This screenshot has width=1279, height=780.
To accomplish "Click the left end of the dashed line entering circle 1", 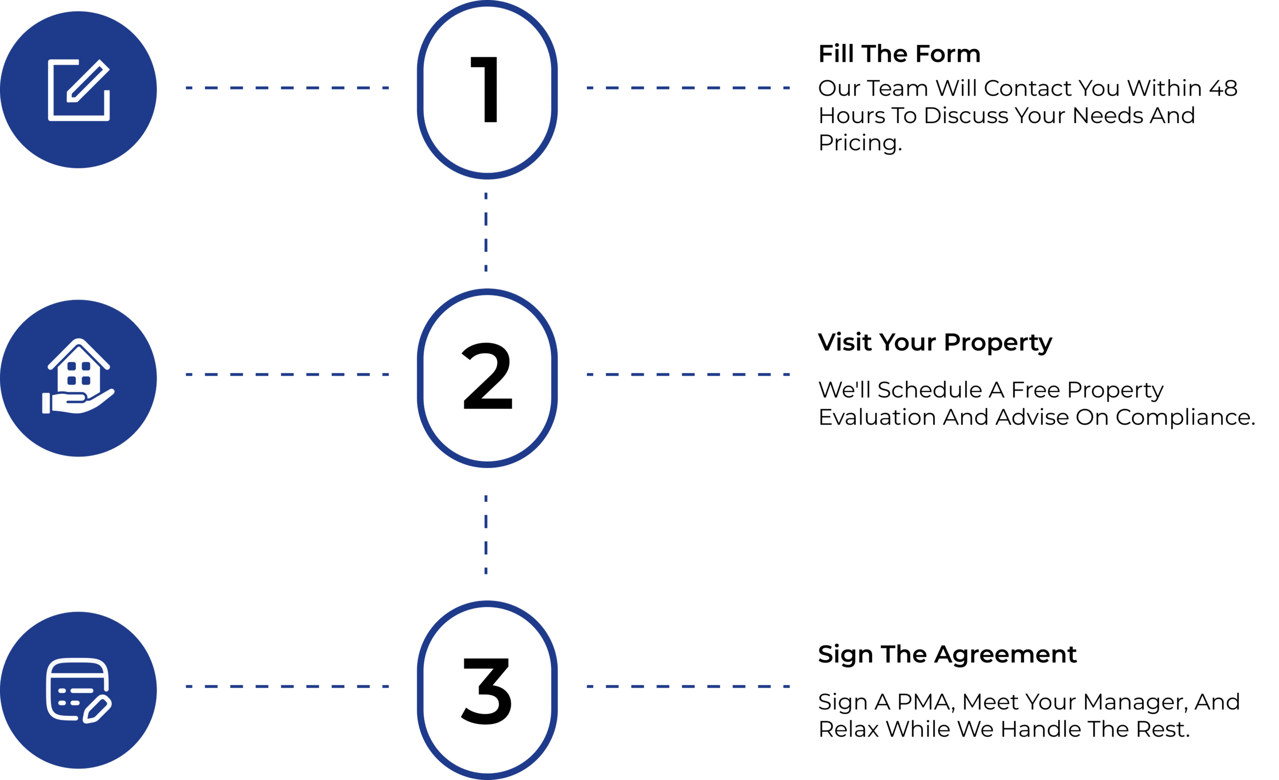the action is tap(186, 88).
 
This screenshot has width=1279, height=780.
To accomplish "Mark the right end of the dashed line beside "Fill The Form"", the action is tap(789, 88).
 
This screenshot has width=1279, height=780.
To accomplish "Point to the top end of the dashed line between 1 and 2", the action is tap(486, 193).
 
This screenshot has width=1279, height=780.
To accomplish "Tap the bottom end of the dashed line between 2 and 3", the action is tap(486, 574).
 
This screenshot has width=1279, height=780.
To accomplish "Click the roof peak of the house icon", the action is tap(78, 340).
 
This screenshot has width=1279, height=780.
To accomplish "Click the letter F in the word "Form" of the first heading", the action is tap(922, 54).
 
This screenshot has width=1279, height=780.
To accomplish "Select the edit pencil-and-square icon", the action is tap(79, 90).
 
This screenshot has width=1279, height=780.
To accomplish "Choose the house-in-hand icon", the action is tap(78, 376).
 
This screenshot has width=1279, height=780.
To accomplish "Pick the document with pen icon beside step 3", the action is tap(79, 690).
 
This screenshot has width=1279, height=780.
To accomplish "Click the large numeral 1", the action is tap(485, 90).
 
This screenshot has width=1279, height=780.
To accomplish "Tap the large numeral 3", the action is tap(487, 690).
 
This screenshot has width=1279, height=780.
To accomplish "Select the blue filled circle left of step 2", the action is tap(78, 378).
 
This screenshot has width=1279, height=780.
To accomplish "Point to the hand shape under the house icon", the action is tap(78, 401).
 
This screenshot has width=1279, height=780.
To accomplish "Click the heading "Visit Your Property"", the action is tap(935, 342).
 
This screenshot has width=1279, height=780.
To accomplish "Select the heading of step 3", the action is tap(947, 654).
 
